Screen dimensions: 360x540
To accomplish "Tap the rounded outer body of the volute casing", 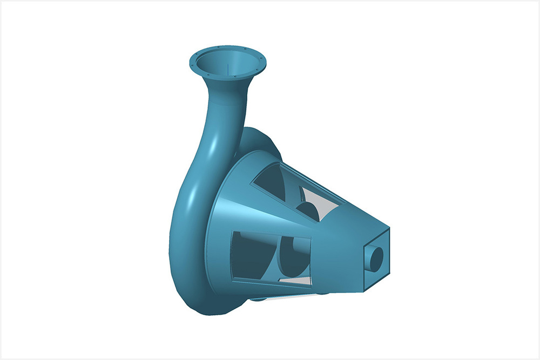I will pyautogui.click(x=186, y=259).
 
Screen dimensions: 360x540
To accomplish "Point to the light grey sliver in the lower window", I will pyautogui.click(x=294, y=280).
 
